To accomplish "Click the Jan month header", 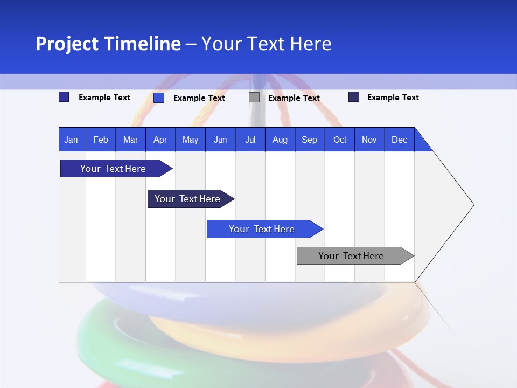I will click(71, 140).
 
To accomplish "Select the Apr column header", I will click(160, 140).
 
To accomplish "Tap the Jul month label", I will click(250, 140).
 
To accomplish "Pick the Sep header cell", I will click(309, 140).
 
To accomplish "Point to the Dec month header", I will click(399, 140).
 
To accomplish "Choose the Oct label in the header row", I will click(339, 140).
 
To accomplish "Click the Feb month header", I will click(101, 140).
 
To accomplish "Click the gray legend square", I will click(254, 98).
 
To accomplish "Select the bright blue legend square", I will click(159, 98).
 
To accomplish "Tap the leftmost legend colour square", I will click(64, 97).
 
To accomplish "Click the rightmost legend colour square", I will click(354, 97).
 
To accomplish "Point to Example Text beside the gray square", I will click(294, 98).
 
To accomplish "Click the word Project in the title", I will click(67, 44).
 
